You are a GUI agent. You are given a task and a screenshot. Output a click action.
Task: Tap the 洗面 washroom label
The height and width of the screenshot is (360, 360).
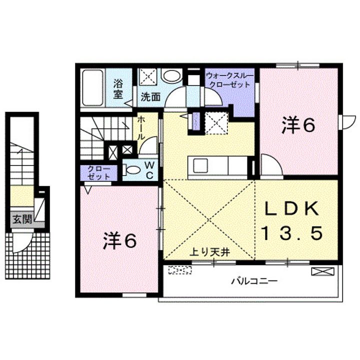(x=150, y=97)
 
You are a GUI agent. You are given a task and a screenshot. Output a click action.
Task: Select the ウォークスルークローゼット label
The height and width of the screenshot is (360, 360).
(x=230, y=80)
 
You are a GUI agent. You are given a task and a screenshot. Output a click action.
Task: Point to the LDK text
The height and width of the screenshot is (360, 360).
(x=291, y=208)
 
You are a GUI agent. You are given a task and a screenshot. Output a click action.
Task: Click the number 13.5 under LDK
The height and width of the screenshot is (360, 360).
(x=292, y=232)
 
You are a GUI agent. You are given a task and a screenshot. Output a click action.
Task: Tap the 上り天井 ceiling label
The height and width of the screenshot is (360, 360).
(x=209, y=252)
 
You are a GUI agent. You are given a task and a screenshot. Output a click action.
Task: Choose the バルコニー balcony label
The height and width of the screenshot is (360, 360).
(x=254, y=280)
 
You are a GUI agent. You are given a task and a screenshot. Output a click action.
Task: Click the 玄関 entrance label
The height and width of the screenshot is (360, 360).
(x=22, y=219)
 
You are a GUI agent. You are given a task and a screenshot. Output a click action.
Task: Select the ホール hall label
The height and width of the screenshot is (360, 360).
(x=141, y=128)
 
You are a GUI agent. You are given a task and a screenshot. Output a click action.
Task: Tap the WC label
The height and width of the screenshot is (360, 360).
(x=149, y=170)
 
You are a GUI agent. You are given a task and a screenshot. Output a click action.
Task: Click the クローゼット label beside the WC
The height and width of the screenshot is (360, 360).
(x=99, y=172)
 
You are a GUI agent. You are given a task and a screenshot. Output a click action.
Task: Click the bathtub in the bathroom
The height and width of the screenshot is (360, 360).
(x=92, y=87)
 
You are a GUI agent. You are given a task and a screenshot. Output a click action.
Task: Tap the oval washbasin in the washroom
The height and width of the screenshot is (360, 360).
(x=172, y=75)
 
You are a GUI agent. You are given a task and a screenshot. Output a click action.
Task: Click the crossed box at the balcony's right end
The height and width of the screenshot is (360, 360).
(x=322, y=271)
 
